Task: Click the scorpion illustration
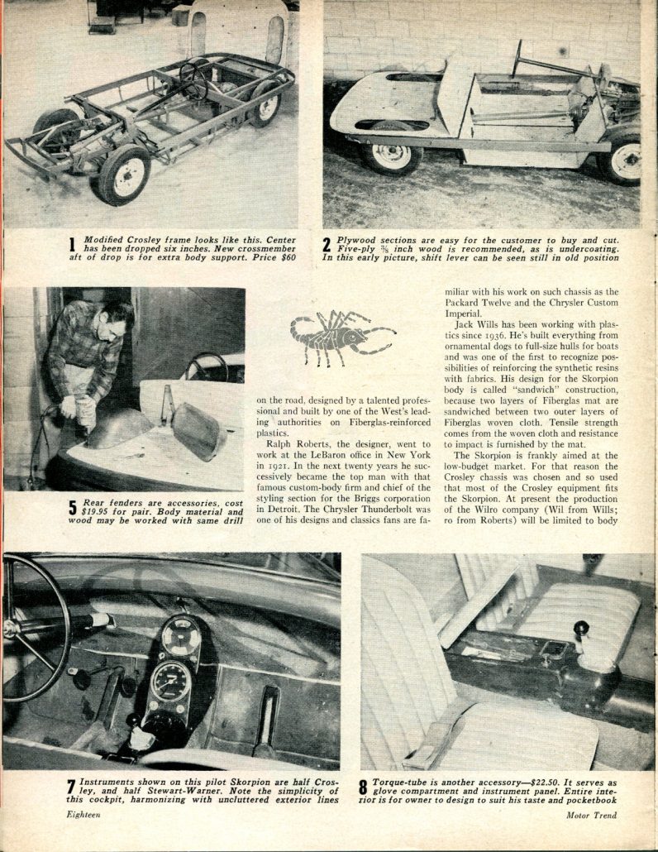pyautogui.click(x=341, y=334)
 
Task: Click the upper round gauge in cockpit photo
pyautogui.click(x=181, y=638)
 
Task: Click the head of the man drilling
pyautogui.click(x=116, y=317)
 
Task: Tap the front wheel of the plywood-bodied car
pyautogui.click(x=393, y=155)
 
